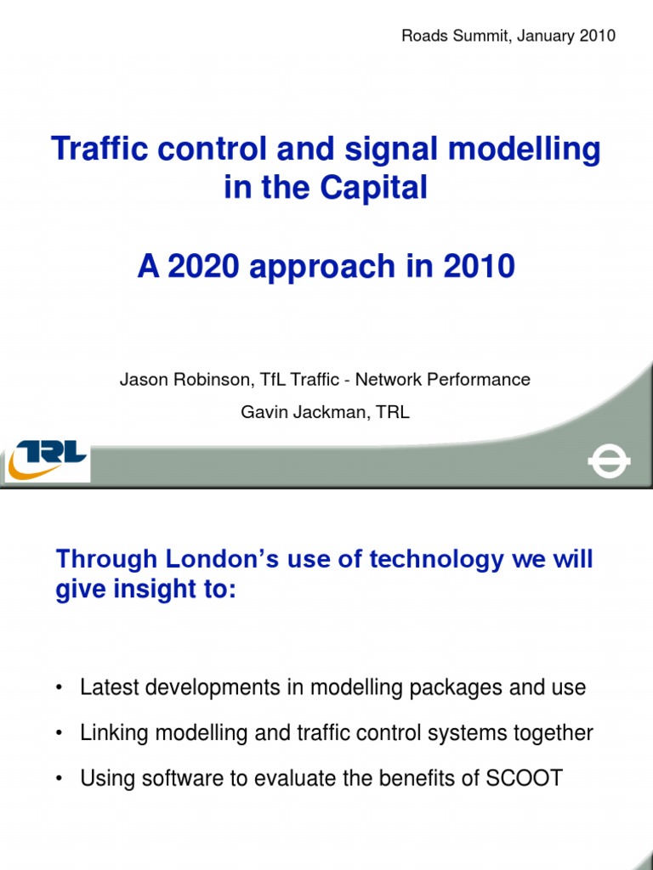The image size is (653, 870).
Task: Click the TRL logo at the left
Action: [47, 459]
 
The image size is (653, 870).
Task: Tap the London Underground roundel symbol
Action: [609, 464]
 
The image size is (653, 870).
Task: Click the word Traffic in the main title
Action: [96, 150]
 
